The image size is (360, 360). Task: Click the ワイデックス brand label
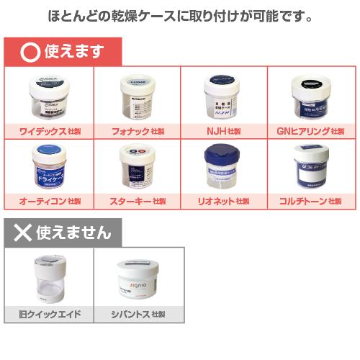click(48, 131)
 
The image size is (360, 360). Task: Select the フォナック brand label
click(136, 131)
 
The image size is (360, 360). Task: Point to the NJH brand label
click(223, 131)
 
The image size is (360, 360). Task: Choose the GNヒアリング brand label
click(311, 131)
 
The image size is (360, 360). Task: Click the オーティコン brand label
click(48, 201)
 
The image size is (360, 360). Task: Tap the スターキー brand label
click(136, 201)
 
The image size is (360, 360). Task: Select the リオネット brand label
click(223, 201)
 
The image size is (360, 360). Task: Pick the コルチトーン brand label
click(311, 201)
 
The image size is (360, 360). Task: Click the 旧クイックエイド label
click(49, 315)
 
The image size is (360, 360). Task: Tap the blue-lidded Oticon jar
click(48, 167)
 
